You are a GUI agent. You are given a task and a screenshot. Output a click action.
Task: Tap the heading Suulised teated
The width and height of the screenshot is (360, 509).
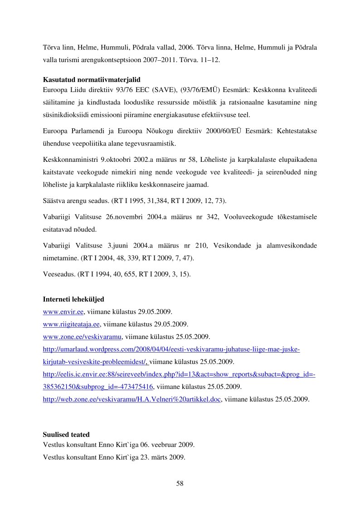click(x=66, y=434)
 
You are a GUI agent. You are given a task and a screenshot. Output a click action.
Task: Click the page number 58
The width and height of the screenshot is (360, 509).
click(x=180, y=483)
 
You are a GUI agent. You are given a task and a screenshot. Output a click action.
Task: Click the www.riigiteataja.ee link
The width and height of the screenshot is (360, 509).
click(x=71, y=325)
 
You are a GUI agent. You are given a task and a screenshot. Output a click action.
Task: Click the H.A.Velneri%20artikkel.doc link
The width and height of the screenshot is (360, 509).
click(x=131, y=399)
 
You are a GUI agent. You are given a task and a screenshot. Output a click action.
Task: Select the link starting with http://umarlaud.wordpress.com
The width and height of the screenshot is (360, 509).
click(x=171, y=349)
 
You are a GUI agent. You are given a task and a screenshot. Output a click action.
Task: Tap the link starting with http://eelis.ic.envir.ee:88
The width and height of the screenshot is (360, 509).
click(x=179, y=374)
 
